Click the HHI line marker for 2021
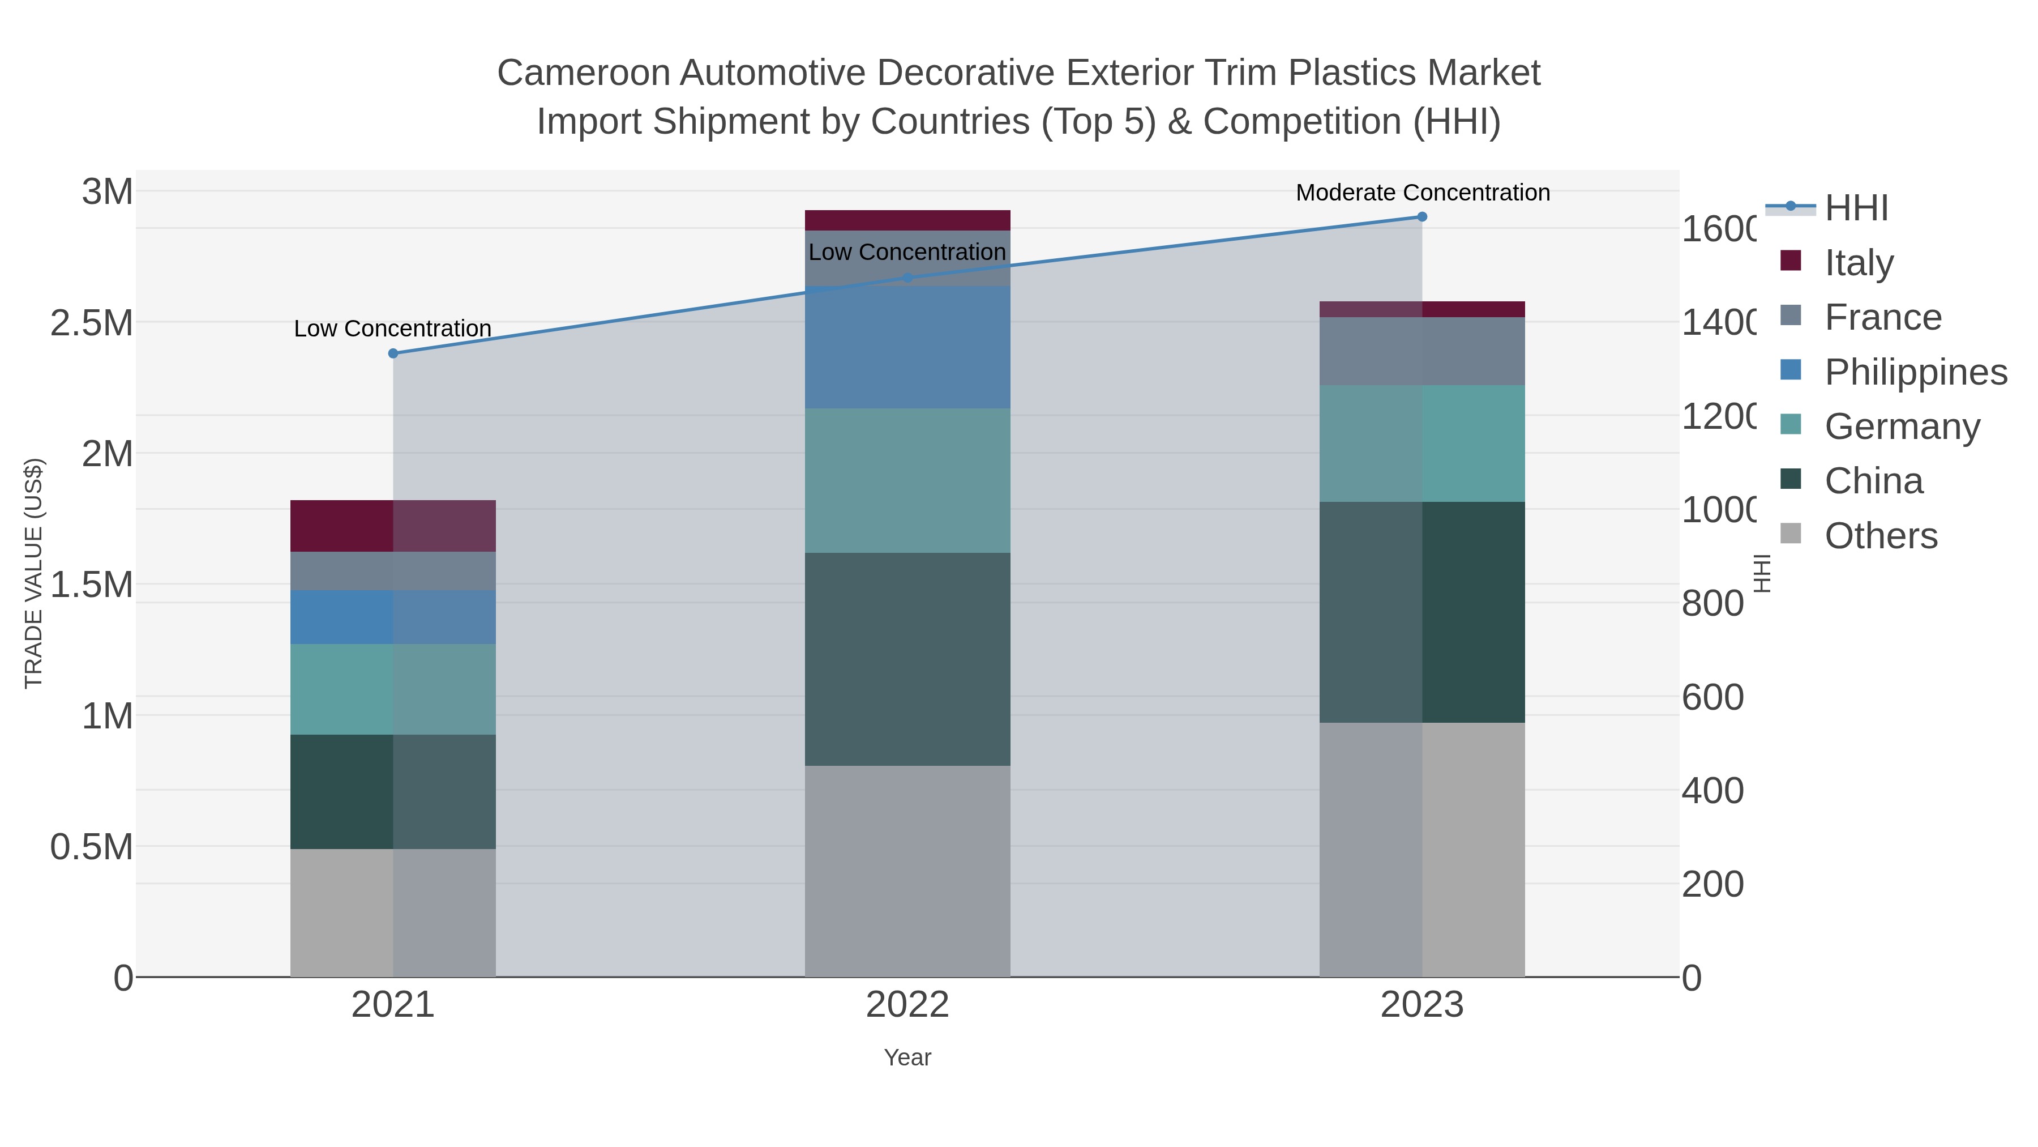[x=393, y=353]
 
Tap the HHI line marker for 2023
[x=1422, y=217]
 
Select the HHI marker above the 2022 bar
[x=907, y=278]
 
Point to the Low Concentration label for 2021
[x=392, y=329]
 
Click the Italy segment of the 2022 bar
[x=907, y=220]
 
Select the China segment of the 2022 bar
[x=907, y=659]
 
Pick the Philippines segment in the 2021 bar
[x=393, y=617]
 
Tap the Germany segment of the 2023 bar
[x=1422, y=444]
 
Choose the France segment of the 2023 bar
[x=1422, y=351]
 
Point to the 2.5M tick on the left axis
[x=92, y=323]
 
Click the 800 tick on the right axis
[x=1712, y=604]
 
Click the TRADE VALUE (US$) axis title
[x=34, y=573]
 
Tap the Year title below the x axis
[x=907, y=1058]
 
